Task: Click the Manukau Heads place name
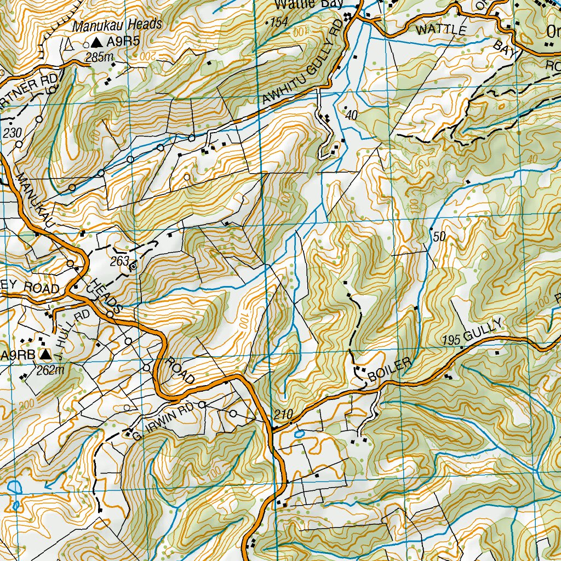118,24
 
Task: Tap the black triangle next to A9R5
98,42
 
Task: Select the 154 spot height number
278,22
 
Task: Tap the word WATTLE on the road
440,30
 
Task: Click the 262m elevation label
50,370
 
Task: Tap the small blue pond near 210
299,433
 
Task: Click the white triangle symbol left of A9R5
70,43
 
